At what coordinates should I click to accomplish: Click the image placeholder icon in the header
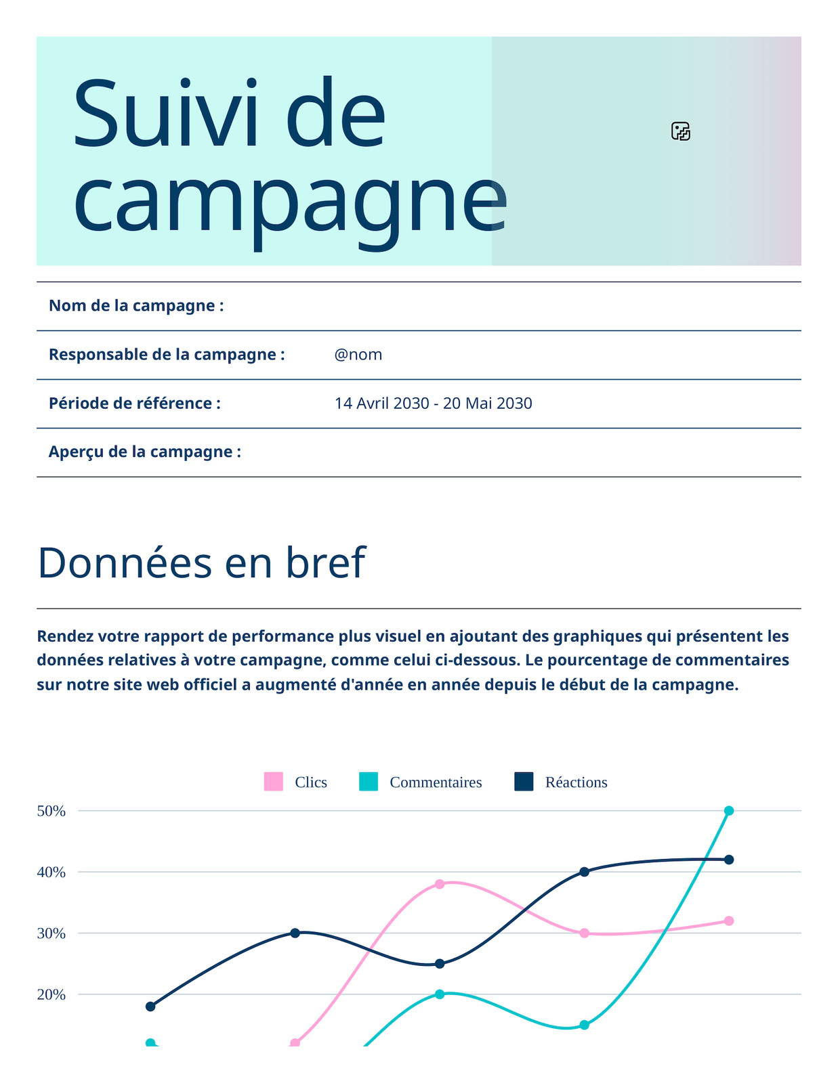click(680, 131)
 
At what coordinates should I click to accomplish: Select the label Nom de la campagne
click(136, 305)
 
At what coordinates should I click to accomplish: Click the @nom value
click(358, 355)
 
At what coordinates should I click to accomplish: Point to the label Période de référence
click(135, 403)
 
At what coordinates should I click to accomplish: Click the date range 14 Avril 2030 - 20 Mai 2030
click(433, 403)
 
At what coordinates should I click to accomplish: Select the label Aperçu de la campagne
click(145, 451)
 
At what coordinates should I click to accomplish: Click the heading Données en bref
click(202, 562)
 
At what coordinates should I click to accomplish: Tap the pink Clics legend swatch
click(273, 781)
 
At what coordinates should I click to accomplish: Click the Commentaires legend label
click(436, 782)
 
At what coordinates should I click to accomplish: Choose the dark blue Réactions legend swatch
click(523, 781)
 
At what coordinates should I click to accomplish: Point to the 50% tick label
click(51, 811)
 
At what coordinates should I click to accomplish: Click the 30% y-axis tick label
click(51, 933)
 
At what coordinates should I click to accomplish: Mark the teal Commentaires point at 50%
click(728, 810)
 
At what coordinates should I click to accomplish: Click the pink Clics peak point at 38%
click(440, 884)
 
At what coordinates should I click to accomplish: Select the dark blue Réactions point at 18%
click(150, 1007)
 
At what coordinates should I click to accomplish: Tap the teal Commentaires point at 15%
click(584, 1025)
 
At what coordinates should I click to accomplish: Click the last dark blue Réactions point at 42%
click(728, 859)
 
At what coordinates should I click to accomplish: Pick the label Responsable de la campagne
click(167, 355)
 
